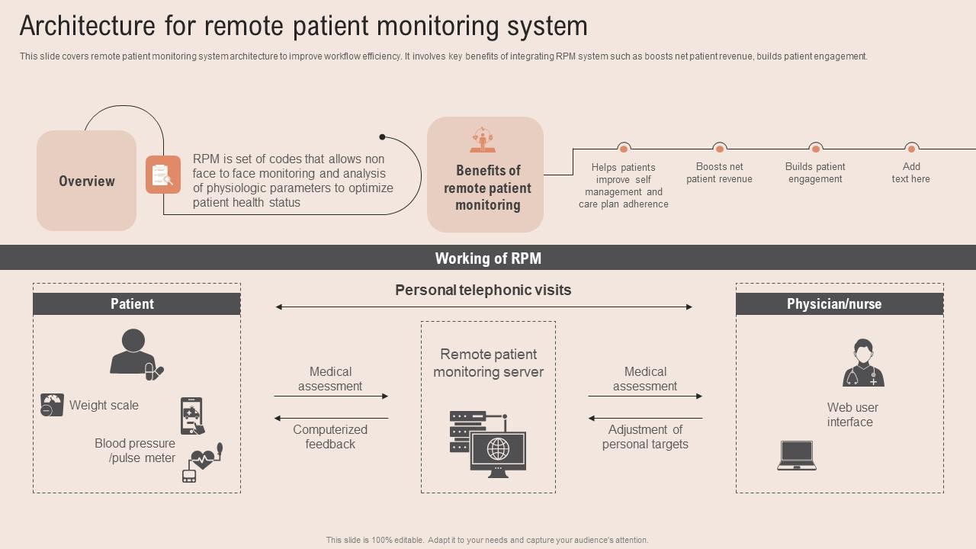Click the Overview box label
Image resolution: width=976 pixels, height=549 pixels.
point(87,181)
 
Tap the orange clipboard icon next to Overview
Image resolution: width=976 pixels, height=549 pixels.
point(163,175)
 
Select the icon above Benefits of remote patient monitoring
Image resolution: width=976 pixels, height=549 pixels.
point(483,140)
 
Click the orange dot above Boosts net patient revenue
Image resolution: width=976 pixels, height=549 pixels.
point(719,149)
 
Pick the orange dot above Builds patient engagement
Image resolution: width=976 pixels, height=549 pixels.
point(815,149)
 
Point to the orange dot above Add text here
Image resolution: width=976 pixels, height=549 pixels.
point(911,149)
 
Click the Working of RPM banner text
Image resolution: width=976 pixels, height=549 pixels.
point(488,258)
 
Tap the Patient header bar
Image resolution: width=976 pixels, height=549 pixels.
point(136,303)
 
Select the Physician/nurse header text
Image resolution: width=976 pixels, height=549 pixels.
point(834,303)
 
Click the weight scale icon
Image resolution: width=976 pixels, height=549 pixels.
point(53,405)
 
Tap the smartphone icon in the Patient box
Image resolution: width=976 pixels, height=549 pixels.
point(192,416)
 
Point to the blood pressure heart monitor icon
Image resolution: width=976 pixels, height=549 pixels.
point(202,463)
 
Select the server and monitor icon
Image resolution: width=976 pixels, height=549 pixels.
point(488,444)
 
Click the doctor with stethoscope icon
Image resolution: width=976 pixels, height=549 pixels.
point(863,362)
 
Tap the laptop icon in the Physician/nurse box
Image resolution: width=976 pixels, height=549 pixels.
point(797,455)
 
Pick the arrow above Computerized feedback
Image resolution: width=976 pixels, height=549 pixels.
point(331,419)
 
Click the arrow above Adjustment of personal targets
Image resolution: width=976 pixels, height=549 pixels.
point(645,419)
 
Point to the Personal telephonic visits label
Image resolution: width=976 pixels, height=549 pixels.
point(483,290)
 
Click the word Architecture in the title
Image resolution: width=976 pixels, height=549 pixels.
point(87,26)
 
